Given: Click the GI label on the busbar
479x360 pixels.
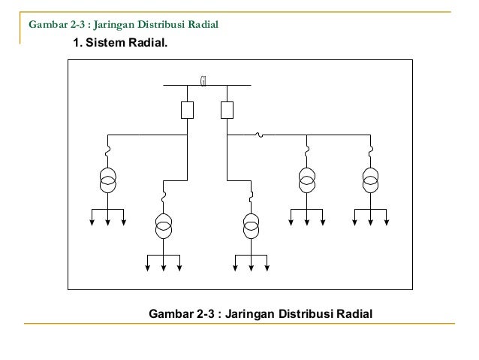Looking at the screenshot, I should pos(203,80).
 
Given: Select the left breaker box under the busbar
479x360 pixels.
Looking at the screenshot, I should pos(188,110).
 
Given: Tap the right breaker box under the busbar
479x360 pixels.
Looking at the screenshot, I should pos(227,110).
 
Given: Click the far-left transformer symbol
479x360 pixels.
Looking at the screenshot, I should pos(109,181).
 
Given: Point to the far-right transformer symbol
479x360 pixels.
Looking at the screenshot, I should pos(371,181).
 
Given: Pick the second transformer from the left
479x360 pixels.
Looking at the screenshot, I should pos(164,225).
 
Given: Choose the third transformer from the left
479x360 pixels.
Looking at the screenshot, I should pos(252,225).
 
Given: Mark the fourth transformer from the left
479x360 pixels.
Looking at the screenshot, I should pos(306,181).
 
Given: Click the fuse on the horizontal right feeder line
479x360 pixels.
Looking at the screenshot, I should pos(259,135).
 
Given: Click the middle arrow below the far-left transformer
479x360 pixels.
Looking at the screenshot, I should pos(109,219).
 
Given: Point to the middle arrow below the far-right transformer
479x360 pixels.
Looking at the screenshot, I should pos(371,219).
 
